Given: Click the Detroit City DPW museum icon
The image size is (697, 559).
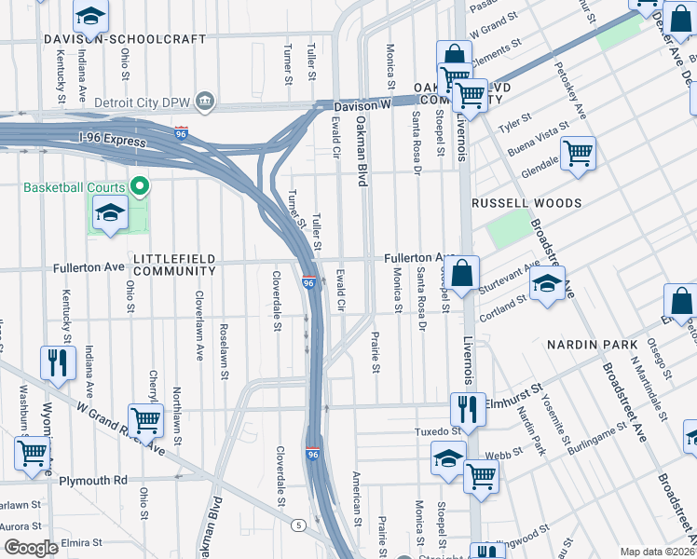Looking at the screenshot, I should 206,100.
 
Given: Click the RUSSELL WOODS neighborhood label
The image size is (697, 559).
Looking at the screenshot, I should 526,203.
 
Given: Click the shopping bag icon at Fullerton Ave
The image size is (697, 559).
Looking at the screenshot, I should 462,273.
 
